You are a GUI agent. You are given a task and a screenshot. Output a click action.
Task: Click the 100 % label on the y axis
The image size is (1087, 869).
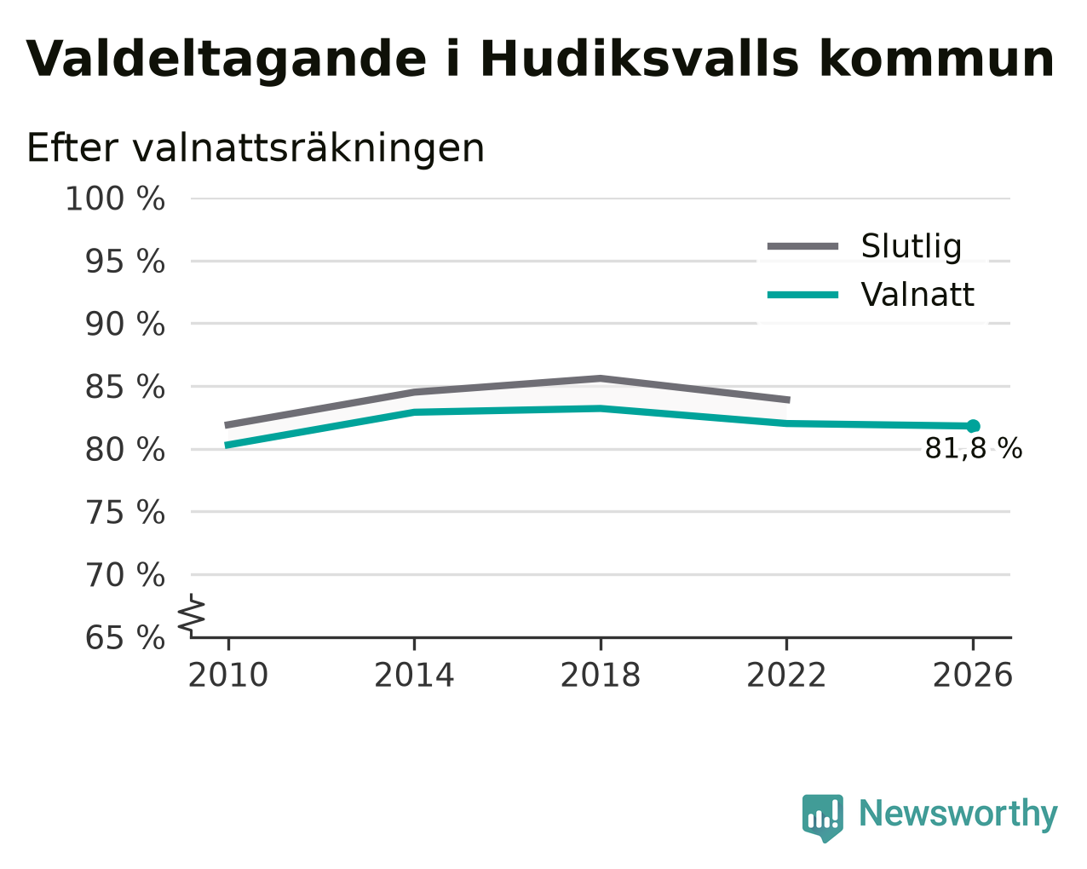(x=115, y=199)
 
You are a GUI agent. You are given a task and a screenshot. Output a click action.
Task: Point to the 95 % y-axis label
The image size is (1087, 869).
(x=124, y=262)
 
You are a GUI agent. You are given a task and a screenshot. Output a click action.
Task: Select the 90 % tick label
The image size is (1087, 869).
(x=124, y=324)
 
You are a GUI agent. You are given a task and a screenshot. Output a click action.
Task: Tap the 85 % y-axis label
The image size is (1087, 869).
(x=124, y=387)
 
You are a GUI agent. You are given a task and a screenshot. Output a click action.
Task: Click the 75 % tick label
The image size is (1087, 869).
(x=124, y=512)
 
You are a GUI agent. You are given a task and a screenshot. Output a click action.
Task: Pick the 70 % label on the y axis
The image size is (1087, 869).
(x=124, y=575)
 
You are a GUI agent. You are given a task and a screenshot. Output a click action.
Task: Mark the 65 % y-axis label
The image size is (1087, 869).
(x=124, y=637)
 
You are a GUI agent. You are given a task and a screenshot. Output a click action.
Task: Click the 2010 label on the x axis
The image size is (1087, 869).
(x=227, y=676)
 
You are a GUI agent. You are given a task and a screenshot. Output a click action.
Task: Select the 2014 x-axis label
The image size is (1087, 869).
(x=414, y=676)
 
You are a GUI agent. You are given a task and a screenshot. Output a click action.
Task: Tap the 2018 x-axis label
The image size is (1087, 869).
(x=601, y=676)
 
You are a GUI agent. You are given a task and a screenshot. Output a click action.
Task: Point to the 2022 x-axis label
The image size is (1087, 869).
(x=786, y=676)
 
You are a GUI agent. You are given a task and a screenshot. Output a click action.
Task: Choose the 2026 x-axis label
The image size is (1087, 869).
(x=973, y=676)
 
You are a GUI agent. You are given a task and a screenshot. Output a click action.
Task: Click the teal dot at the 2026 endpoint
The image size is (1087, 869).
(x=974, y=427)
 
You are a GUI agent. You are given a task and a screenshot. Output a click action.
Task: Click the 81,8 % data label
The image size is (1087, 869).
(x=974, y=449)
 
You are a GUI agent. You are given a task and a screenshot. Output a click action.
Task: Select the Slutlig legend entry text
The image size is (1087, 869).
(x=912, y=247)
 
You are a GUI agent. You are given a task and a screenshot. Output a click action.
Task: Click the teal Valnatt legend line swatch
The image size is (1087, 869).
(x=802, y=295)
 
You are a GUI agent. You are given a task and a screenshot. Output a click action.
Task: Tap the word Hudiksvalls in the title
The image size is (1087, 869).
(x=640, y=59)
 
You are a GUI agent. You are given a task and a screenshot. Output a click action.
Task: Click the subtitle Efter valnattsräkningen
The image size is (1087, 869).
(x=256, y=148)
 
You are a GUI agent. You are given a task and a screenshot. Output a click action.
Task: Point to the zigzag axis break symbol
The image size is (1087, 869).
(x=192, y=615)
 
